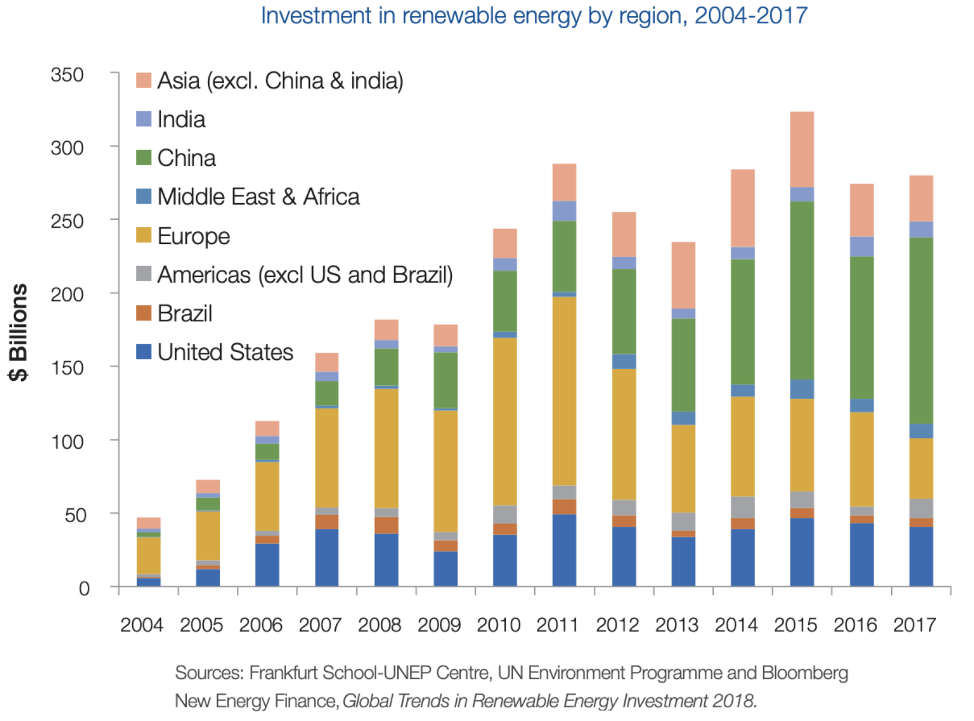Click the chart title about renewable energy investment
point(534,16)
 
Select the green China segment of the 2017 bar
point(921,330)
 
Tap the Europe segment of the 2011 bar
point(564,391)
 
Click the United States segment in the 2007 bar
point(326,557)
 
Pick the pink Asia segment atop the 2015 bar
point(802,149)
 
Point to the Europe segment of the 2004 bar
point(148,555)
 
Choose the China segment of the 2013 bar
point(683,365)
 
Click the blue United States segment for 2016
point(861,554)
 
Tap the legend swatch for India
point(144,119)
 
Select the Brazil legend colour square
point(144,313)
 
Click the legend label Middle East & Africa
point(258,197)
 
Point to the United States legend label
point(225,352)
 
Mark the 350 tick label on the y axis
point(67,75)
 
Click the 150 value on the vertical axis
point(67,368)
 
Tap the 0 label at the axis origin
point(84,588)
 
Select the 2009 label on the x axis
point(439,625)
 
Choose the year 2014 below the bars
point(736,625)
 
